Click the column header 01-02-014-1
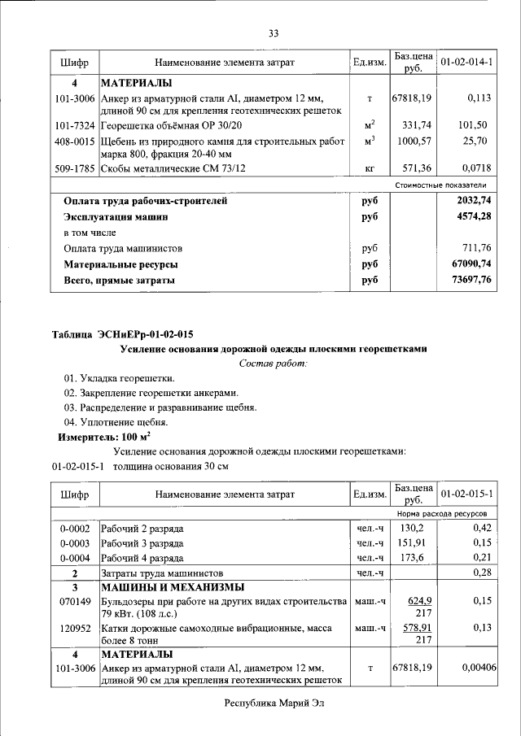471,62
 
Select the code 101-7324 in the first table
75,125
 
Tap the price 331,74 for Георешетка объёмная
417,125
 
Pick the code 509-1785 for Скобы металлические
75,168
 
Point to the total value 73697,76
470,281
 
